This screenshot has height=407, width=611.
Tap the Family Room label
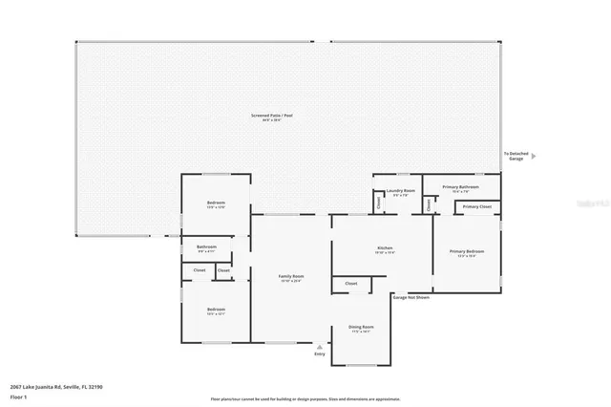(291, 276)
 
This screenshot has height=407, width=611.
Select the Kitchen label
(385, 248)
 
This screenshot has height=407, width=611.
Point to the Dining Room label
(362, 327)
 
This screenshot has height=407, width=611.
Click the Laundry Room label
(401, 190)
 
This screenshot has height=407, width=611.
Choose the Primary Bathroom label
(463, 186)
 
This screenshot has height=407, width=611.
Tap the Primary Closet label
(477, 206)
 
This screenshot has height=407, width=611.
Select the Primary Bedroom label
(467, 251)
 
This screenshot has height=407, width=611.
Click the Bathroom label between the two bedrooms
(207, 246)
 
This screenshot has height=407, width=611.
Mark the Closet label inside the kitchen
(350, 284)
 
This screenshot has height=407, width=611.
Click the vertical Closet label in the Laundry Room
(379, 203)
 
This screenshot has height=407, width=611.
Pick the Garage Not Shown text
(411, 297)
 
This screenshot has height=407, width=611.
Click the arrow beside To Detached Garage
(534, 156)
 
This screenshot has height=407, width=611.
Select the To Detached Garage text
(516, 156)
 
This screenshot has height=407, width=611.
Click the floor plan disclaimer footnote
(305, 399)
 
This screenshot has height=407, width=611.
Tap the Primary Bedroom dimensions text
(467, 256)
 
